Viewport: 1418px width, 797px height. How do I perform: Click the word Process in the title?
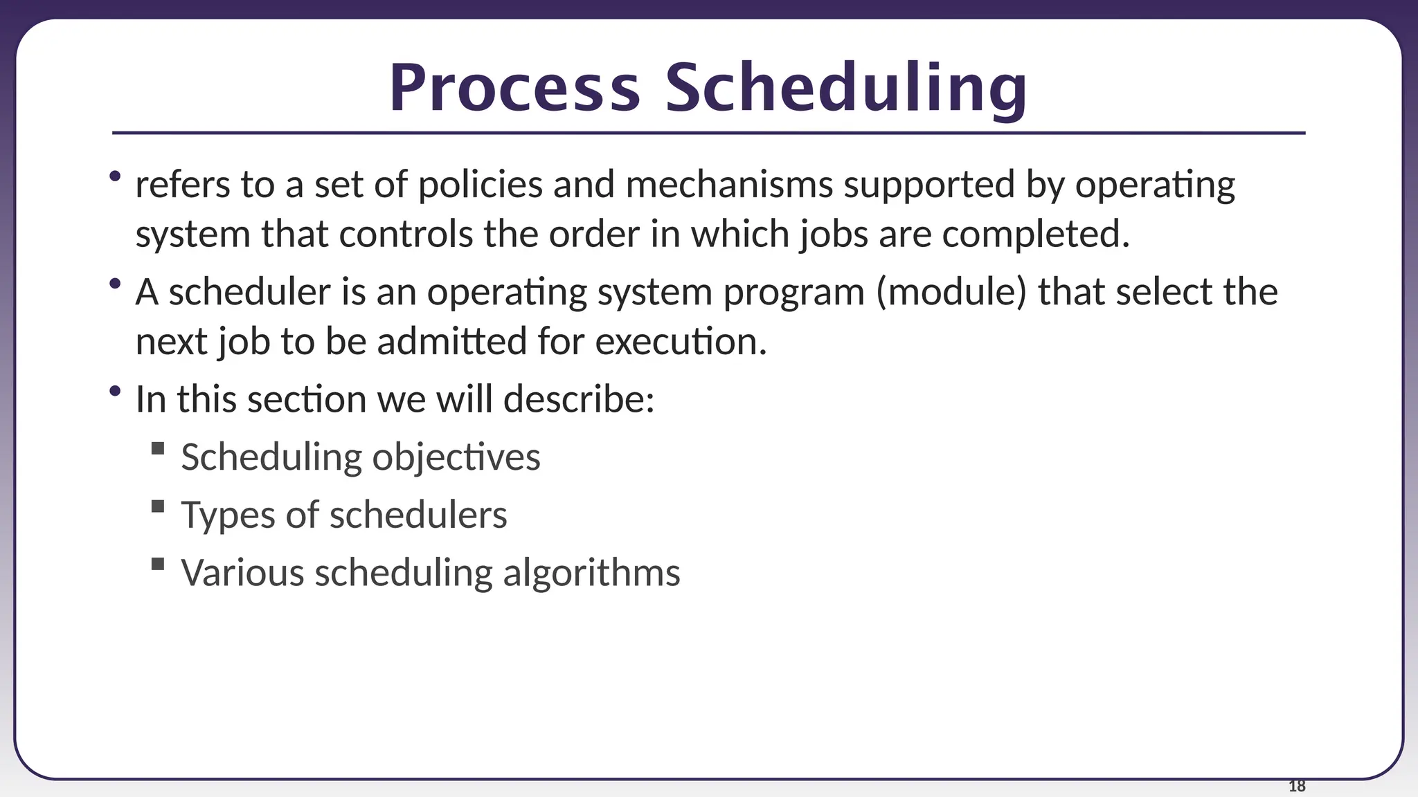point(514,89)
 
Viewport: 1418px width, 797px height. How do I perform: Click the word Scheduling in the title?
point(846,89)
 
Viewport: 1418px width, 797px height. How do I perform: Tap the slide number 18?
point(1297,786)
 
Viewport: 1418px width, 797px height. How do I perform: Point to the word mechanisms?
point(728,185)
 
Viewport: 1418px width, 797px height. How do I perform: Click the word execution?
point(681,342)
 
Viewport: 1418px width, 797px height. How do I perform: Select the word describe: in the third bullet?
point(579,400)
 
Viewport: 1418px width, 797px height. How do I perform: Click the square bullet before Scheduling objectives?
point(158,449)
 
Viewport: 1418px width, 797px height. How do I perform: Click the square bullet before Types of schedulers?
point(158,506)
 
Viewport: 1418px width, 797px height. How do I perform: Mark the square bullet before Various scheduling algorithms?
point(158,564)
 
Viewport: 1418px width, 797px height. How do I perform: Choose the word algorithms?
point(591,573)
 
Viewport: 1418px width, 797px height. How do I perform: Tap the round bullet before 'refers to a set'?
point(115,176)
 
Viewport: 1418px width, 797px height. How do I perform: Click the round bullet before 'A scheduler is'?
point(115,283)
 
